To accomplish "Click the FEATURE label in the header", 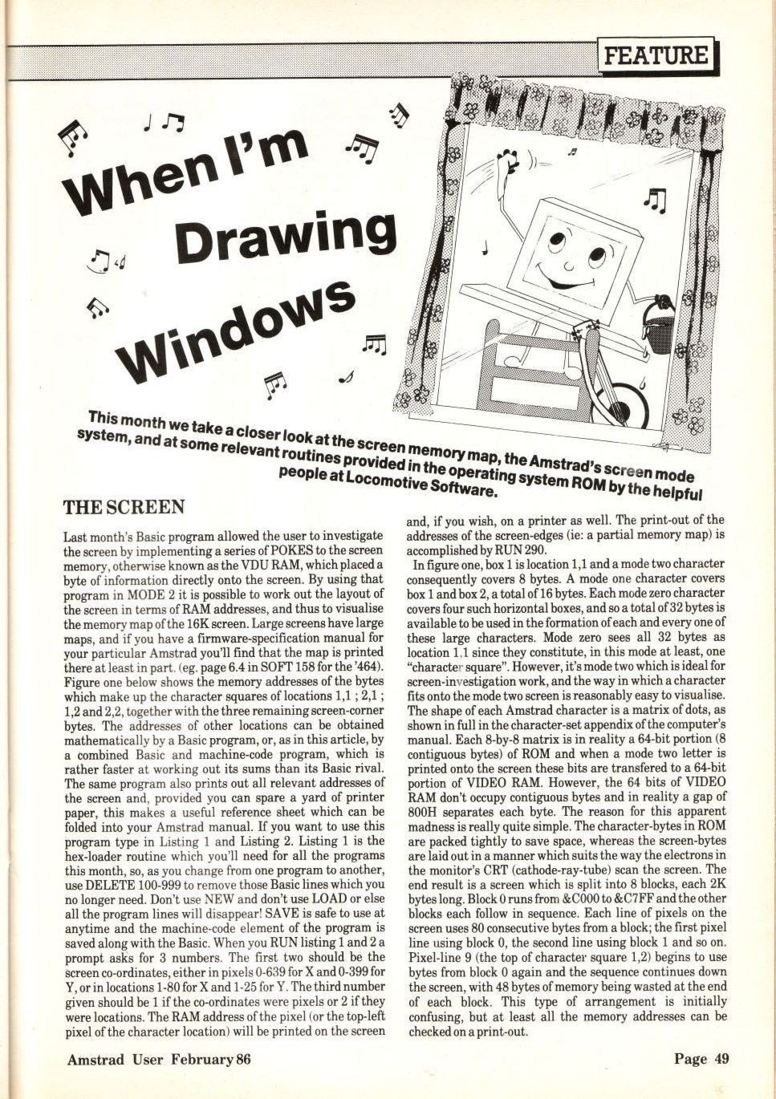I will pos(656,55).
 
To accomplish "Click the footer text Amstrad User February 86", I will pos(159,1059).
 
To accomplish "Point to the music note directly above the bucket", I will pos(656,201).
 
